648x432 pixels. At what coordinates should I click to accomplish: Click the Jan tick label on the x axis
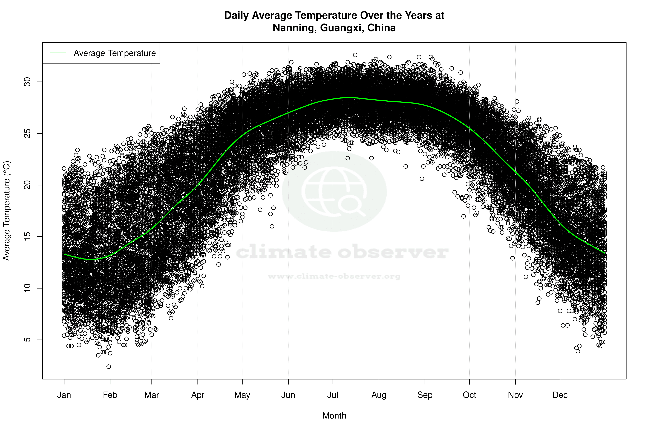tap(64, 395)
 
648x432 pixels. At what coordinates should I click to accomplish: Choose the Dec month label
tap(560, 395)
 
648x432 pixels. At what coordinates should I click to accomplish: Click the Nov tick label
tap(515, 395)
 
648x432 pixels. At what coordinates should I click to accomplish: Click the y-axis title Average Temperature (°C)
tap(7, 211)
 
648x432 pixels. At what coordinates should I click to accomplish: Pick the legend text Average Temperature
tap(115, 53)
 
